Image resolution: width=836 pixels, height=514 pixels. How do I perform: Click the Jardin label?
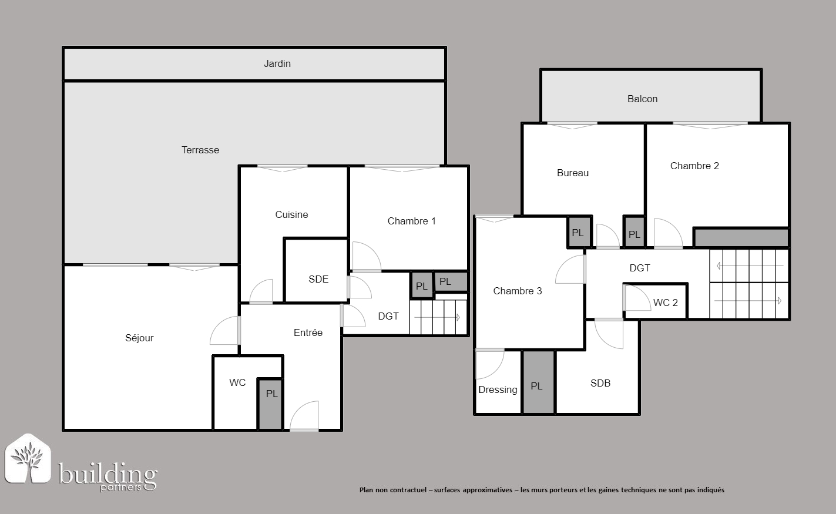[277, 64]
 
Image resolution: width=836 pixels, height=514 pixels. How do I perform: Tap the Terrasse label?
[200, 150]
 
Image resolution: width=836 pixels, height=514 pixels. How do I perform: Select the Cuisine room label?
[291, 214]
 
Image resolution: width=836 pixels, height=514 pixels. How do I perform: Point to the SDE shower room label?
[318, 279]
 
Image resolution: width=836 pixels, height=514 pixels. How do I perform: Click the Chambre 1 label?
[412, 221]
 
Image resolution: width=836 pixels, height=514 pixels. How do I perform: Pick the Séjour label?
[139, 338]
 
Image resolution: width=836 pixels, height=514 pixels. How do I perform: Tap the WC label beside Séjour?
[237, 382]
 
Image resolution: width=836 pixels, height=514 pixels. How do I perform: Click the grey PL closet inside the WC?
[270, 404]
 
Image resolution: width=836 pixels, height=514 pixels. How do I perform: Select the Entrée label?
[308, 332]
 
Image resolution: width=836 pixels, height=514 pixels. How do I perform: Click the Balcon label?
[642, 99]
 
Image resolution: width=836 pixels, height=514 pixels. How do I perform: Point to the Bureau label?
[573, 173]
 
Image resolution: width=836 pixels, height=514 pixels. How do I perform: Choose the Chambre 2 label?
[694, 166]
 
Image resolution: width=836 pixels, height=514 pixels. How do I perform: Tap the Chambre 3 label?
[518, 291]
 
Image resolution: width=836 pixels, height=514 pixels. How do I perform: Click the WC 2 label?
[666, 303]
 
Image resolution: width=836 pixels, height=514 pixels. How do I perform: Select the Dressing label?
[498, 389]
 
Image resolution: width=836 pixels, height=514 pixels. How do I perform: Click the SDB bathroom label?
[600, 384]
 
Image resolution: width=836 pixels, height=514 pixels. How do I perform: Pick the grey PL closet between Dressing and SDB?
[538, 382]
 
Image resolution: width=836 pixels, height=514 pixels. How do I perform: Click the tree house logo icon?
[28, 458]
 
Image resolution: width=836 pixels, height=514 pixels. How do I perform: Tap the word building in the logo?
[108, 475]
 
